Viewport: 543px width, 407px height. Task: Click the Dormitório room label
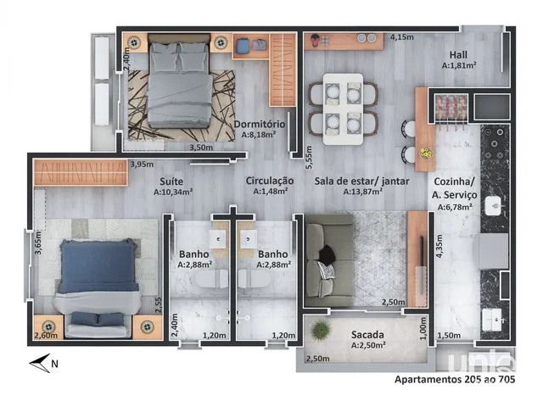point(260,125)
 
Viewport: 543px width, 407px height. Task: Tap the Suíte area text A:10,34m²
point(173,192)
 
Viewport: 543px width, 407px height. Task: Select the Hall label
point(458,54)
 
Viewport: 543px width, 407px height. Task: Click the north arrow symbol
point(40,363)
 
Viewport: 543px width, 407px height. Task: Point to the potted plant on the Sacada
point(322,331)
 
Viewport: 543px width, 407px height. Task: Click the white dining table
point(343,109)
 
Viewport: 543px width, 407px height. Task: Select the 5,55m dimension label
point(309,158)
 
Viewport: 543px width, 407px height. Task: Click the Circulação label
point(270,181)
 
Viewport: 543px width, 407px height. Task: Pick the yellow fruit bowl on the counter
point(426,153)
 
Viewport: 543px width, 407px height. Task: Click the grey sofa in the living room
point(329,260)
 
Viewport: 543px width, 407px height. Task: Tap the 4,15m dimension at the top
point(402,36)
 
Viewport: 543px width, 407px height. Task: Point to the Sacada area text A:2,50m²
point(368,345)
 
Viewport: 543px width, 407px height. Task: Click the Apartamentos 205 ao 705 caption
point(455,379)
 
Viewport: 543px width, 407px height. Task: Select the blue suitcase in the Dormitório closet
point(242,45)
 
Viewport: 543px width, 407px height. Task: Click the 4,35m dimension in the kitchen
point(439,246)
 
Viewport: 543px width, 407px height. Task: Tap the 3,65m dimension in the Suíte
point(38,243)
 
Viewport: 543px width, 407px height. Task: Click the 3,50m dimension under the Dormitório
point(201,148)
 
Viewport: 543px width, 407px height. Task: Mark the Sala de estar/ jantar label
point(362,181)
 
